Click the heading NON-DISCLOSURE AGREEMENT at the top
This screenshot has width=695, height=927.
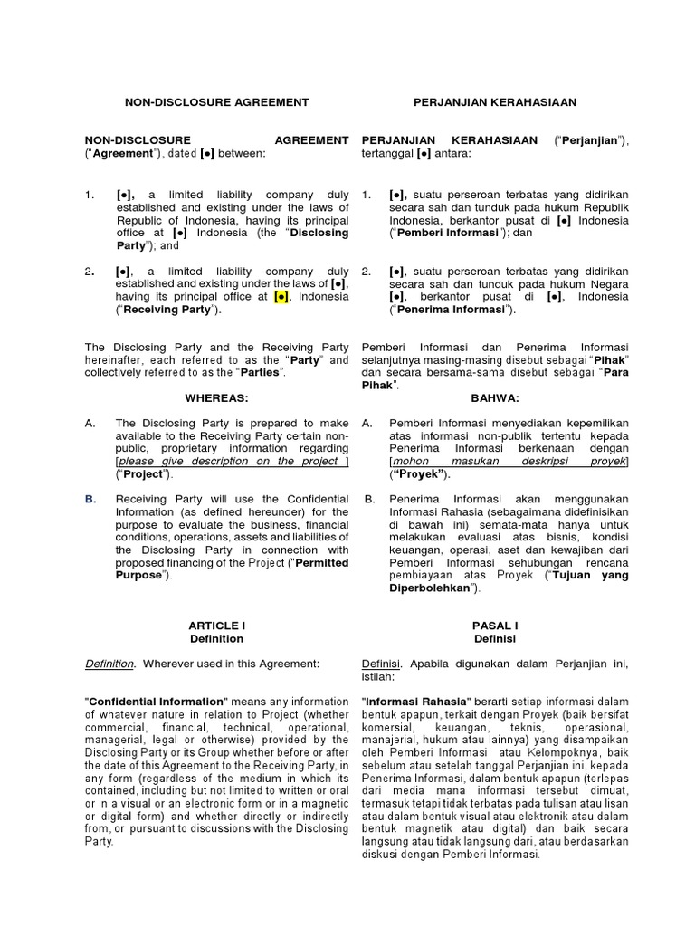coord(216,102)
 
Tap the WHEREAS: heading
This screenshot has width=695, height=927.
coord(216,397)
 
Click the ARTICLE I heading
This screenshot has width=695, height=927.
coord(216,626)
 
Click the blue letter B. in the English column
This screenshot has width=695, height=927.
coord(90,499)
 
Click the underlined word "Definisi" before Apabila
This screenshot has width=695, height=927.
coord(380,664)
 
